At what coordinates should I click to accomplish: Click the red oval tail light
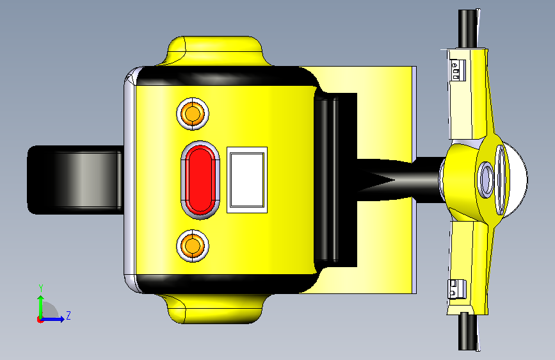[200, 180]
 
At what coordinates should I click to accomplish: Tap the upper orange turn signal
[193, 114]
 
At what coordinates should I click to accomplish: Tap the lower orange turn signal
[193, 245]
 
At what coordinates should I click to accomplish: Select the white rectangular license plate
[247, 180]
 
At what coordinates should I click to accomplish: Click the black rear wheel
[75, 180]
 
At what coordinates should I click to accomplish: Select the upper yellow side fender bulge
[214, 51]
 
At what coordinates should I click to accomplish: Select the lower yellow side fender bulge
[214, 308]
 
